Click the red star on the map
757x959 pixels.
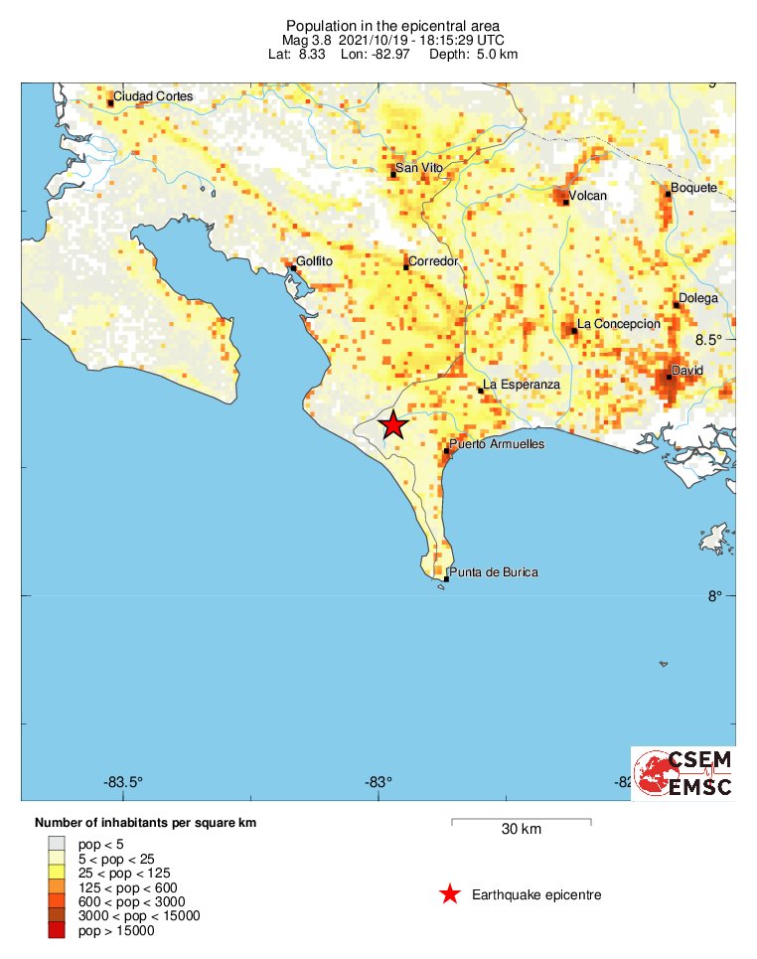(x=393, y=424)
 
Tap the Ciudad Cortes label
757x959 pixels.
(x=153, y=96)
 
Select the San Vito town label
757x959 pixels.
(x=418, y=168)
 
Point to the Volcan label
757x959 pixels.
(x=586, y=196)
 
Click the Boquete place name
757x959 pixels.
(x=693, y=188)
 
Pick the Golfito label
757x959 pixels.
(x=314, y=262)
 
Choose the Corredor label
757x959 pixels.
(x=433, y=260)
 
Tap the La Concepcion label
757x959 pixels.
(x=618, y=324)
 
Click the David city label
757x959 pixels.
(x=687, y=371)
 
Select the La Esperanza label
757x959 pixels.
(x=522, y=385)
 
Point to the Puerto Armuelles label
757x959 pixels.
(x=497, y=444)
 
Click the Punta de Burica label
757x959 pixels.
(x=493, y=572)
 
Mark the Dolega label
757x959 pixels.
(x=696, y=298)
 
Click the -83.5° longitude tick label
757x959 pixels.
(x=124, y=781)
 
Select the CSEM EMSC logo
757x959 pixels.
(x=683, y=773)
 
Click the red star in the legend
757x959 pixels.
(x=450, y=894)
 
